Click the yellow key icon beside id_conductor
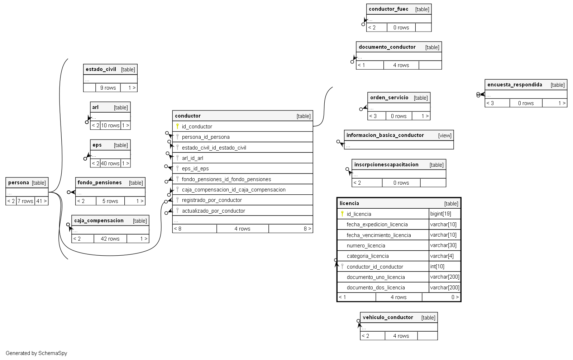(x=177, y=126)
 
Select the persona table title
(x=19, y=183)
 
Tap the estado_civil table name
(x=101, y=69)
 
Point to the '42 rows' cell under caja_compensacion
(x=110, y=239)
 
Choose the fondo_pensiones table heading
(x=100, y=183)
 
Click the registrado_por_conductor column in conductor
(x=212, y=200)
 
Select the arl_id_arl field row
(x=192, y=158)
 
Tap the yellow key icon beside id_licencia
(x=342, y=214)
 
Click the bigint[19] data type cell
(x=441, y=214)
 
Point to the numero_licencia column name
(x=366, y=246)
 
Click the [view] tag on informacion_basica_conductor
(x=445, y=136)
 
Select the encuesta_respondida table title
(x=515, y=85)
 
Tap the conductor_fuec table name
(x=388, y=9)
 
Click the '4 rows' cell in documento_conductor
(x=401, y=65)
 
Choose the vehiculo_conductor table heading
(x=388, y=317)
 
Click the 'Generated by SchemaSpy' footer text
(x=37, y=353)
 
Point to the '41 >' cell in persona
(x=42, y=201)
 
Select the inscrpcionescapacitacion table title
(x=386, y=165)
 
